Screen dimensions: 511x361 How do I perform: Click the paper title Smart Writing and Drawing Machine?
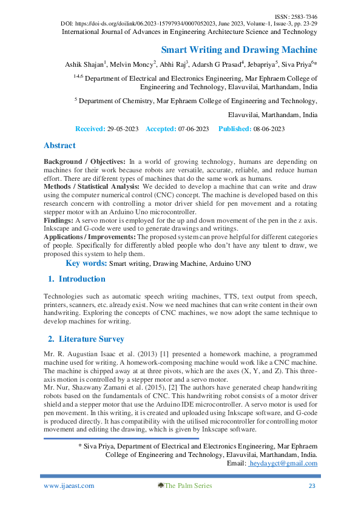[x=239, y=50]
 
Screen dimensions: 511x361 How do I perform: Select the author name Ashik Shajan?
[x=84, y=64]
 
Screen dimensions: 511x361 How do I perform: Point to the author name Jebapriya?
[x=260, y=64]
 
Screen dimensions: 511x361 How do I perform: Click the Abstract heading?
[x=59, y=146]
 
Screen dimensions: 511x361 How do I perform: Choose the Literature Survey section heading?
[x=91, y=339]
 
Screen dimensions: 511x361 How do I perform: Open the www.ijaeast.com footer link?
[x=69, y=486]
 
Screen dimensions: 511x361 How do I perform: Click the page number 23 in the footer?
[x=312, y=486]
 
